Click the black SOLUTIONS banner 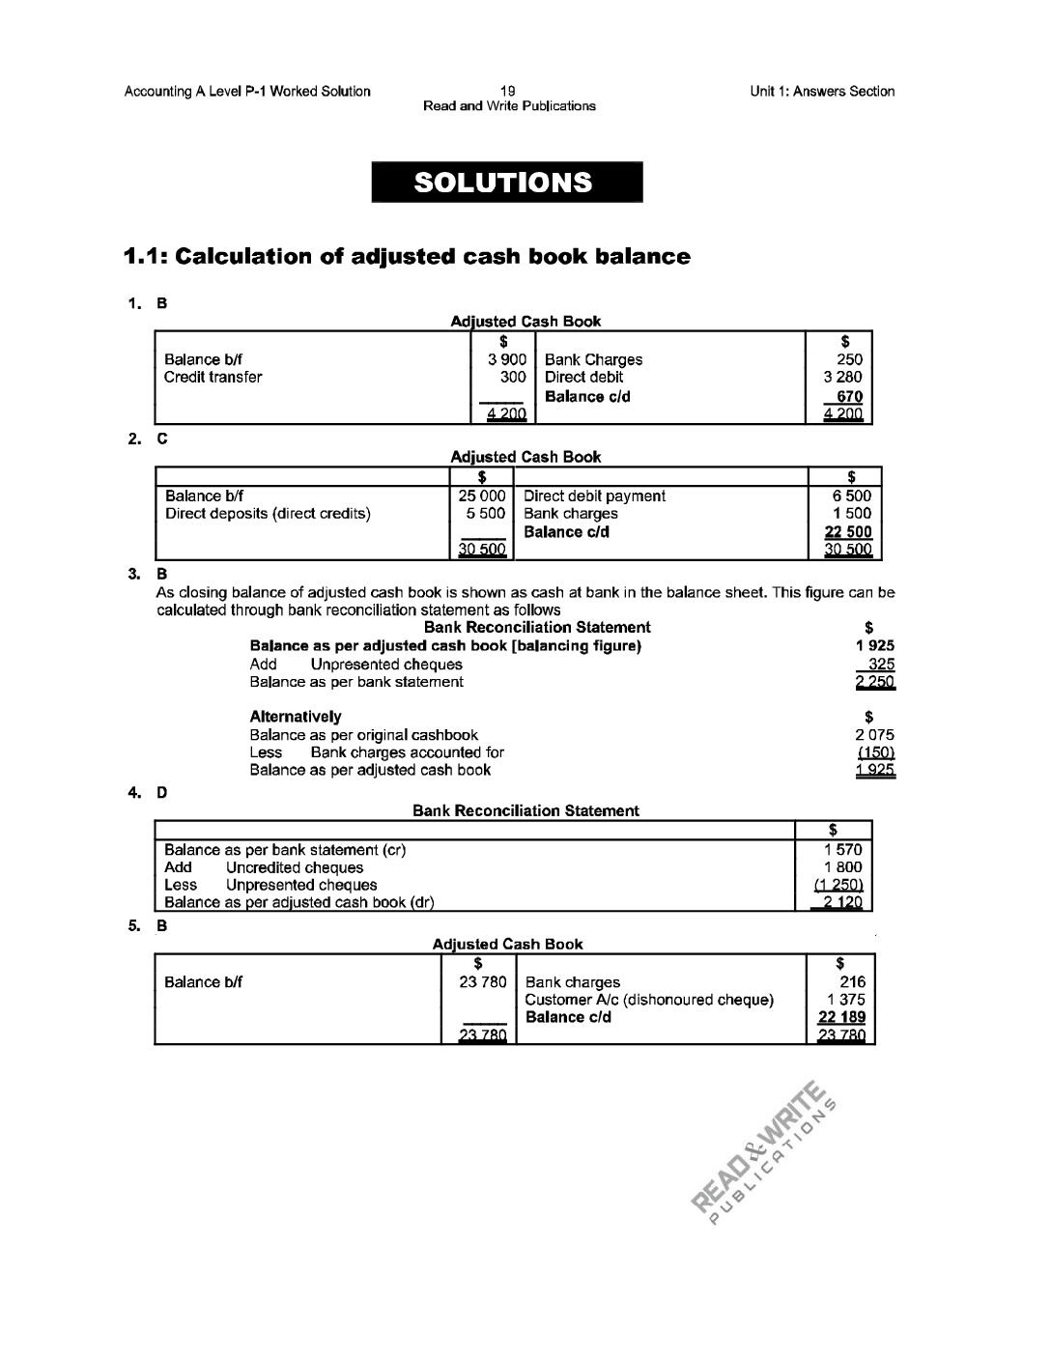tap(507, 182)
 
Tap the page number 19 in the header tap(509, 91)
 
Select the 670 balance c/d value tap(849, 396)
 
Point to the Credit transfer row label tap(213, 377)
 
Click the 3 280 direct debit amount tap(842, 377)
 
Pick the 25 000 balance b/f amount tap(482, 496)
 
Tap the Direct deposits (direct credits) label tap(268, 514)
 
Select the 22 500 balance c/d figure tap(847, 532)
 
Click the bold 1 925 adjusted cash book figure tap(875, 645)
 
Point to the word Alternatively tap(295, 717)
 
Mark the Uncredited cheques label tap(295, 867)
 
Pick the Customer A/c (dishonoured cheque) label tap(649, 1000)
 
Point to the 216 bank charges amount tap(853, 982)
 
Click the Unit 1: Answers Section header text tap(821, 92)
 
